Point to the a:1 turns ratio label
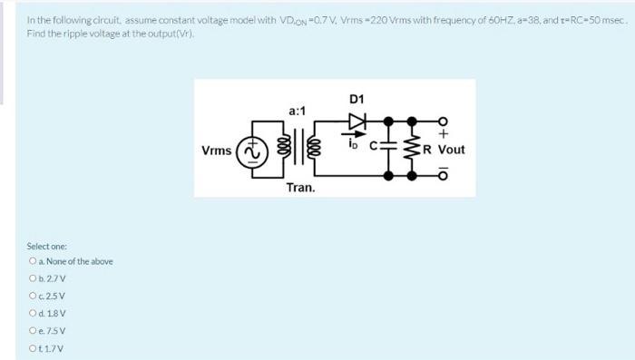(298, 111)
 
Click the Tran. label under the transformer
(300, 188)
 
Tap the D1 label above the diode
(356, 99)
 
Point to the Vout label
(450, 150)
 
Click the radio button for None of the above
(32, 262)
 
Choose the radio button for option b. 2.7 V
(32, 279)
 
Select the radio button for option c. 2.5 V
(32, 297)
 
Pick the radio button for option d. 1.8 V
(32, 314)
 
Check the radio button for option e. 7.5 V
(32, 331)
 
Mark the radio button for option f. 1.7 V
(32, 348)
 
